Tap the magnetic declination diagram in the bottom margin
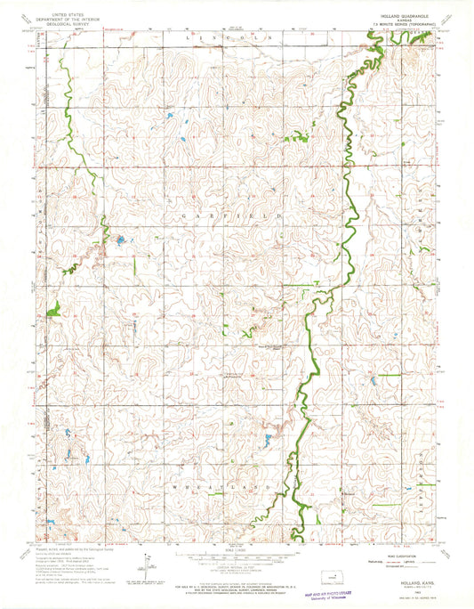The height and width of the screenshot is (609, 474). tap(145, 561)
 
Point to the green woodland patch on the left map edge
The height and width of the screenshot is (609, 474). tap(52, 309)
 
